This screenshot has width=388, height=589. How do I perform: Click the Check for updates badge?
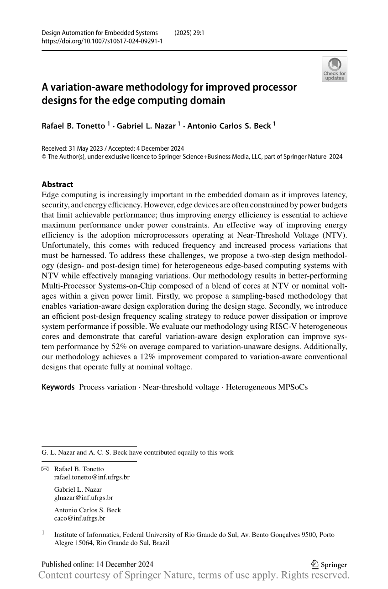click(x=335, y=69)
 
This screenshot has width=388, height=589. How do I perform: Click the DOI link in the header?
click(x=102, y=41)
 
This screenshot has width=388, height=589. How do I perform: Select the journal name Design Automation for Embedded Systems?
click(x=100, y=33)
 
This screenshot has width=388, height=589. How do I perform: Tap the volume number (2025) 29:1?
click(x=189, y=33)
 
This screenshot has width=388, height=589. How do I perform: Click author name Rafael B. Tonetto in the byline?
click(x=73, y=126)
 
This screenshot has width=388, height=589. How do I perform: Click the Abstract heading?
click(x=57, y=184)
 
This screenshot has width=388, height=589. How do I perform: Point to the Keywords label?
click(x=58, y=387)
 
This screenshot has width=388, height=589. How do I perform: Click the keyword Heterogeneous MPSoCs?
click(x=267, y=387)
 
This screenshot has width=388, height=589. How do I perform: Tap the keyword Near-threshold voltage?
click(x=181, y=387)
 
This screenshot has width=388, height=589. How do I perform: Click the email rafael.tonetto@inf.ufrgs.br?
click(x=92, y=477)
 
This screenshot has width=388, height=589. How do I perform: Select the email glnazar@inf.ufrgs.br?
click(x=84, y=498)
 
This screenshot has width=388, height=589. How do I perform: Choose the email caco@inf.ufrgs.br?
click(x=79, y=518)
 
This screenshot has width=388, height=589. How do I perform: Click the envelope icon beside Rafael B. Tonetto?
click(x=45, y=469)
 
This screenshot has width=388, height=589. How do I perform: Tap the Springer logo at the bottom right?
click(x=329, y=565)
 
